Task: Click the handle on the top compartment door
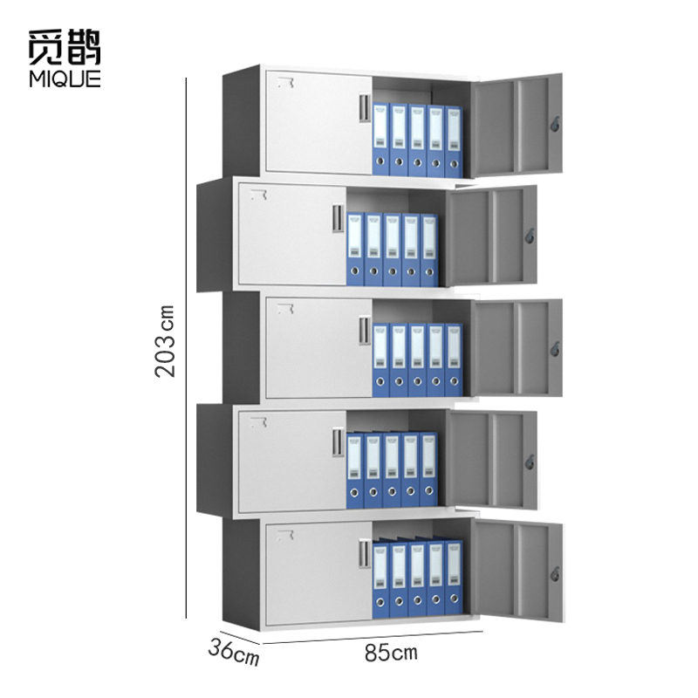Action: [365, 106]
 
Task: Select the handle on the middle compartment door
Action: [365, 330]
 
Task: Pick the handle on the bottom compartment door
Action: [365, 553]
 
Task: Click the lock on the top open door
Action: [554, 125]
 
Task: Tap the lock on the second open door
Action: [529, 236]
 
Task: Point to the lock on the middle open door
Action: [554, 348]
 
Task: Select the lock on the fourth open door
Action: [529, 459]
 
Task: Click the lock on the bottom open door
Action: [554, 573]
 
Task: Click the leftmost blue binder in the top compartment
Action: [381, 140]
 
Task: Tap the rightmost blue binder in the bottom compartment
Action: [453, 580]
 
